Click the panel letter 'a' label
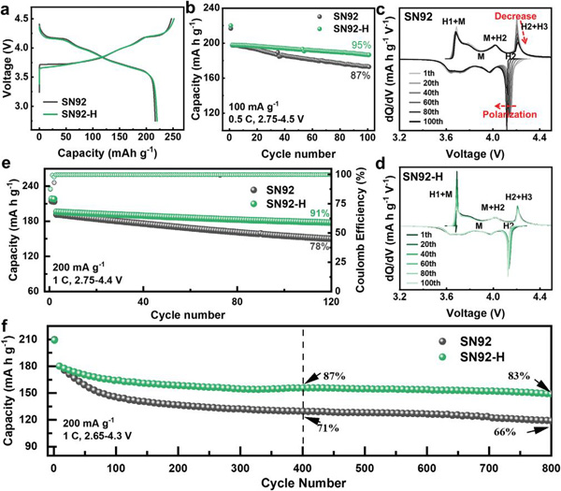(7, 8)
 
